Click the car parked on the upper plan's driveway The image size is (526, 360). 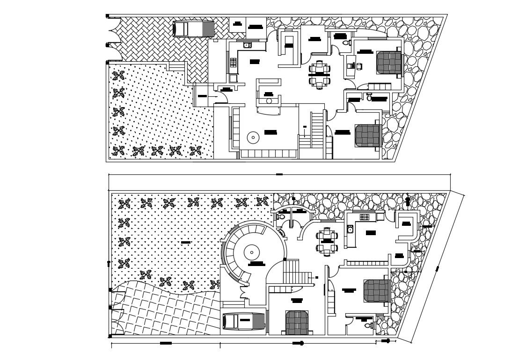pos(193,29)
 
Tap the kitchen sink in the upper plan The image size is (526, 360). pos(247,45)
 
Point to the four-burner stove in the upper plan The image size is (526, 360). pos(233,61)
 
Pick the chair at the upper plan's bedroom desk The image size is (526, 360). pos(359,66)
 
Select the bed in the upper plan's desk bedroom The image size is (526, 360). pos(389,63)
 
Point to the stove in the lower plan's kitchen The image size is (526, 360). pos(364,217)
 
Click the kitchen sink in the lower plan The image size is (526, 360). pos(350,229)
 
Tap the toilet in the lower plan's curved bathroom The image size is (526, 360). pos(281,216)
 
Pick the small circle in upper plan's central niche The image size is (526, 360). pos(269,101)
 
